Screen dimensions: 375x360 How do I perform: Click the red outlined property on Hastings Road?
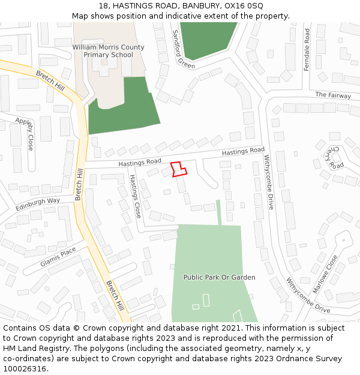[x=179, y=169]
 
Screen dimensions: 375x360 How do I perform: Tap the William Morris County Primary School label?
[x=108, y=51]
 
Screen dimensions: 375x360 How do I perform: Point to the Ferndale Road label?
[x=307, y=49]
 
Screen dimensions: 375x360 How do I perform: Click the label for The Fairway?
[x=333, y=95]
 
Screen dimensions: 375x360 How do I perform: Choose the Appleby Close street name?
[x=27, y=133]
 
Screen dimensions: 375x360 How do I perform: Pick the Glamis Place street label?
[x=58, y=257]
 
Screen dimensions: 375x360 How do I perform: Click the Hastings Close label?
[x=135, y=196]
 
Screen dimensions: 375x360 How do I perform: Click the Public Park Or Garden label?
[x=219, y=277]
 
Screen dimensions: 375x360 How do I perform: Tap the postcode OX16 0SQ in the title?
[x=246, y=5]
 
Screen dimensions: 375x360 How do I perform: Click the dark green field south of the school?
[x=123, y=111]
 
